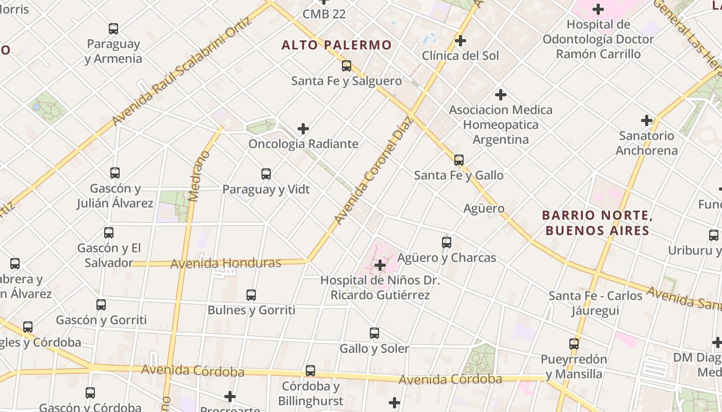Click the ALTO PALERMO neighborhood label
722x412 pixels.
click(337, 45)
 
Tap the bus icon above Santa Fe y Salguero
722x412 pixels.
click(347, 66)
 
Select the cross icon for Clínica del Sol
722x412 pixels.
click(461, 40)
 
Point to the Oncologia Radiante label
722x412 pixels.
click(303, 144)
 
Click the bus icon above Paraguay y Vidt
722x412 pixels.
click(266, 174)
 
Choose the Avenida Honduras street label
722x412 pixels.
click(225, 263)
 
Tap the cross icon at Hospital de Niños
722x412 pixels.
click(380, 265)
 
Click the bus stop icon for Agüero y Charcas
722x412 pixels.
click(447, 242)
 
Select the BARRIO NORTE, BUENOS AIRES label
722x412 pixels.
click(597, 222)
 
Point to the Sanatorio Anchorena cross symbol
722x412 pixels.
click(647, 121)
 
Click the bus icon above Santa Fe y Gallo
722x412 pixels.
click(459, 160)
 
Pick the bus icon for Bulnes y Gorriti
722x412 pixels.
click(251, 295)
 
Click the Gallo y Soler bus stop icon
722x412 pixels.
click(374, 333)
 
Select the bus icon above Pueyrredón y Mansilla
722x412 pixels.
click(574, 344)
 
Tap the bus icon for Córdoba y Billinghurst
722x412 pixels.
click(310, 371)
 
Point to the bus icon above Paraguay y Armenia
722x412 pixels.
click(113, 29)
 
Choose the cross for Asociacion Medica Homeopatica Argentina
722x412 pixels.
click(500, 95)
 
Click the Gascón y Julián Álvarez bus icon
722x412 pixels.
click(115, 173)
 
